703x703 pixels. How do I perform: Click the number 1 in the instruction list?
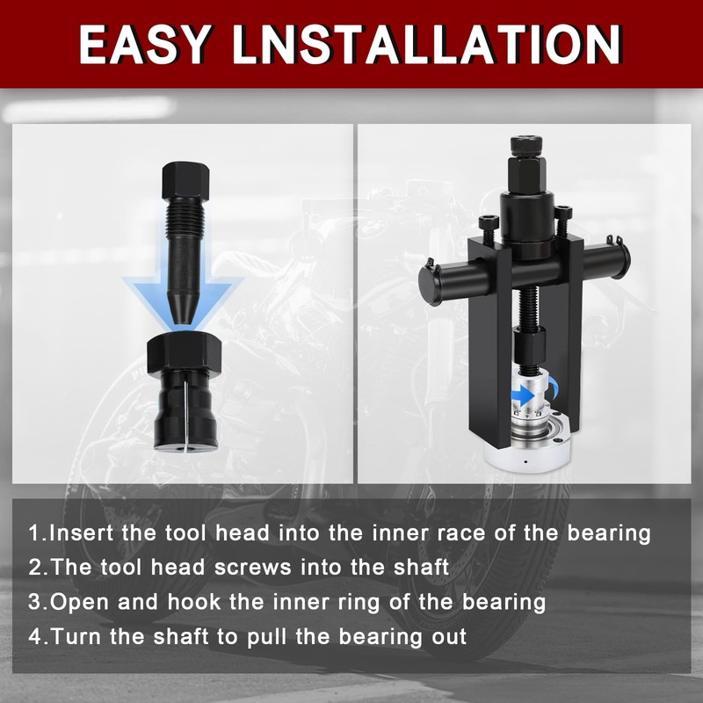[34, 533]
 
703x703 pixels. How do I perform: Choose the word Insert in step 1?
[78, 533]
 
